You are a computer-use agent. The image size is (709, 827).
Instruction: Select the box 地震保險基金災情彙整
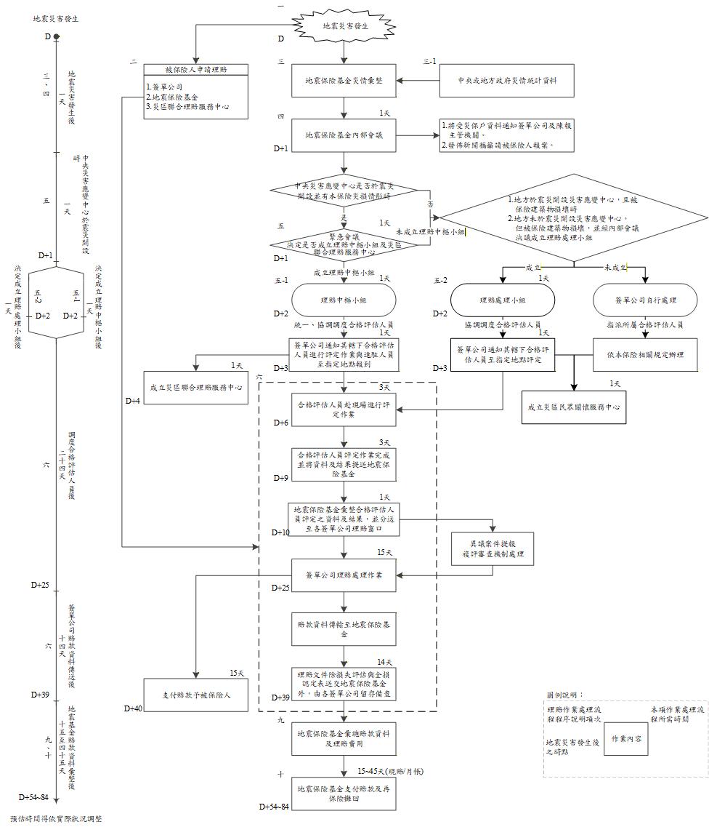tap(345, 80)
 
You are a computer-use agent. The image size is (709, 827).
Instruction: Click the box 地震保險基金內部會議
tap(345, 135)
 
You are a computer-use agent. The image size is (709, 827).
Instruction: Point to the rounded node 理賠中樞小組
tap(344, 300)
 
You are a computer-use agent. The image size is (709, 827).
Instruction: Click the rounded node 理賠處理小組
tap(502, 300)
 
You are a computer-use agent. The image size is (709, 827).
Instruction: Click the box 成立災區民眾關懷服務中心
tap(575, 407)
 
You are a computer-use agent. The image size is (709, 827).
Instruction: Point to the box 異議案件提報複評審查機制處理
tap(493, 551)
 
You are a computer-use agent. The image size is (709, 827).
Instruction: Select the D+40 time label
tap(134, 708)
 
